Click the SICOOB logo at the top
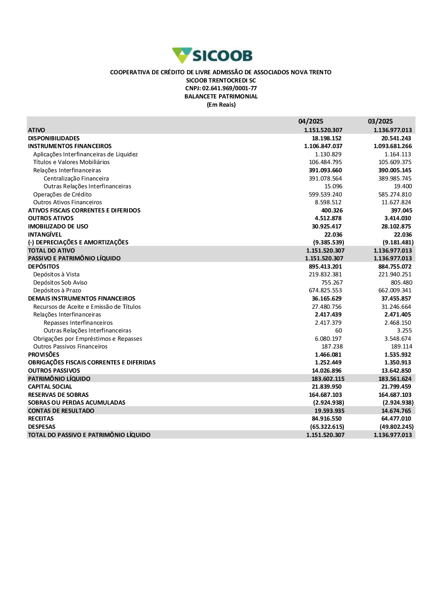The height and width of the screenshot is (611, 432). [212, 56]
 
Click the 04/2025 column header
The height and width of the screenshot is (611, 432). [311, 121]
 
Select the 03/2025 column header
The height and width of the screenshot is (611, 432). [380, 121]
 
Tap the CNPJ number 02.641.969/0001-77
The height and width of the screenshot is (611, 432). [221, 89]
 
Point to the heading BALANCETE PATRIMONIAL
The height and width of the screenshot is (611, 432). [221, 97]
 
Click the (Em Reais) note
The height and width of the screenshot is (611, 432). [221, 105]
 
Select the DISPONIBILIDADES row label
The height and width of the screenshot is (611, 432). [54, 138]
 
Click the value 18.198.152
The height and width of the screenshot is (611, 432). [327, 138]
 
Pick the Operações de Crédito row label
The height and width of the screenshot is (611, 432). [62, 194]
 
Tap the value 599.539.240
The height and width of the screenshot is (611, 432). [325, 194]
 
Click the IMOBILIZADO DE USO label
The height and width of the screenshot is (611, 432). [58, 226]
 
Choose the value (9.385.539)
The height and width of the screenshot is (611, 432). [328, 242]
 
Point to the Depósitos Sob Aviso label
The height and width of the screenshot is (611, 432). [60, 282]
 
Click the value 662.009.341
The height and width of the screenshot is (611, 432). [395, 291]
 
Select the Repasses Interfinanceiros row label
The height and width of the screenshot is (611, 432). [78, 323]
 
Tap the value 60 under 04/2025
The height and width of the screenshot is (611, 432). [339, 331]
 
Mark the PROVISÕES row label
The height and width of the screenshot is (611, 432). [44, 355]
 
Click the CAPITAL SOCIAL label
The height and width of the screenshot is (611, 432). [50, 386]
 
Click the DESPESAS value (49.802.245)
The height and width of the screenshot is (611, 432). [397, 427]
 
